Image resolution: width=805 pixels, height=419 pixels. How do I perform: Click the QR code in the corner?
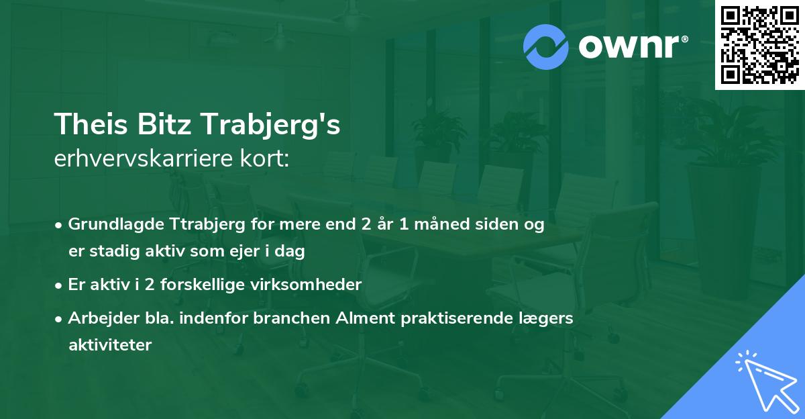(760, 45)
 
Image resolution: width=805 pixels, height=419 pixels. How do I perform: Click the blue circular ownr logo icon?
(545, 47)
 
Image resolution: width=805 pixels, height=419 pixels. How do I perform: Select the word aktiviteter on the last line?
(110, 345)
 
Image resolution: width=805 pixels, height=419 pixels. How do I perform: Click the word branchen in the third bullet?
(292, 318)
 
